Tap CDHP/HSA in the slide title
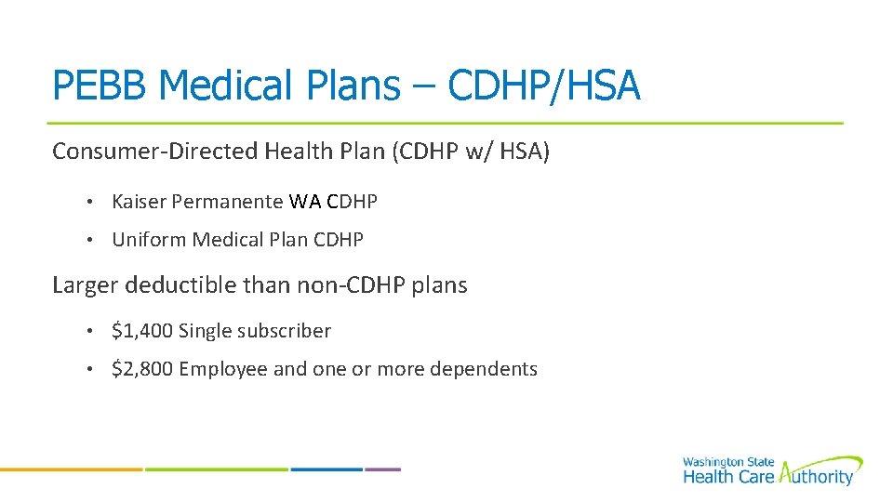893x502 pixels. [544, 86]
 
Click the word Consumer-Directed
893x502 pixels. [155, 152]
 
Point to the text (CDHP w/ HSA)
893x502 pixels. [472, 152]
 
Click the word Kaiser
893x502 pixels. [139, 201]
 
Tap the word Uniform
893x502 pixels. [149, 240]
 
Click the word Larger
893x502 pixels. [85, 285]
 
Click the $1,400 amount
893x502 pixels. [141, 331]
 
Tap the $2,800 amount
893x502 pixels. [141, 370]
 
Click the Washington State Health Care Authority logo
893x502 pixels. [771, 471]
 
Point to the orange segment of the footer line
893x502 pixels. [71, 469]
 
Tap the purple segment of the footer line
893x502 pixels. [382, 469]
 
